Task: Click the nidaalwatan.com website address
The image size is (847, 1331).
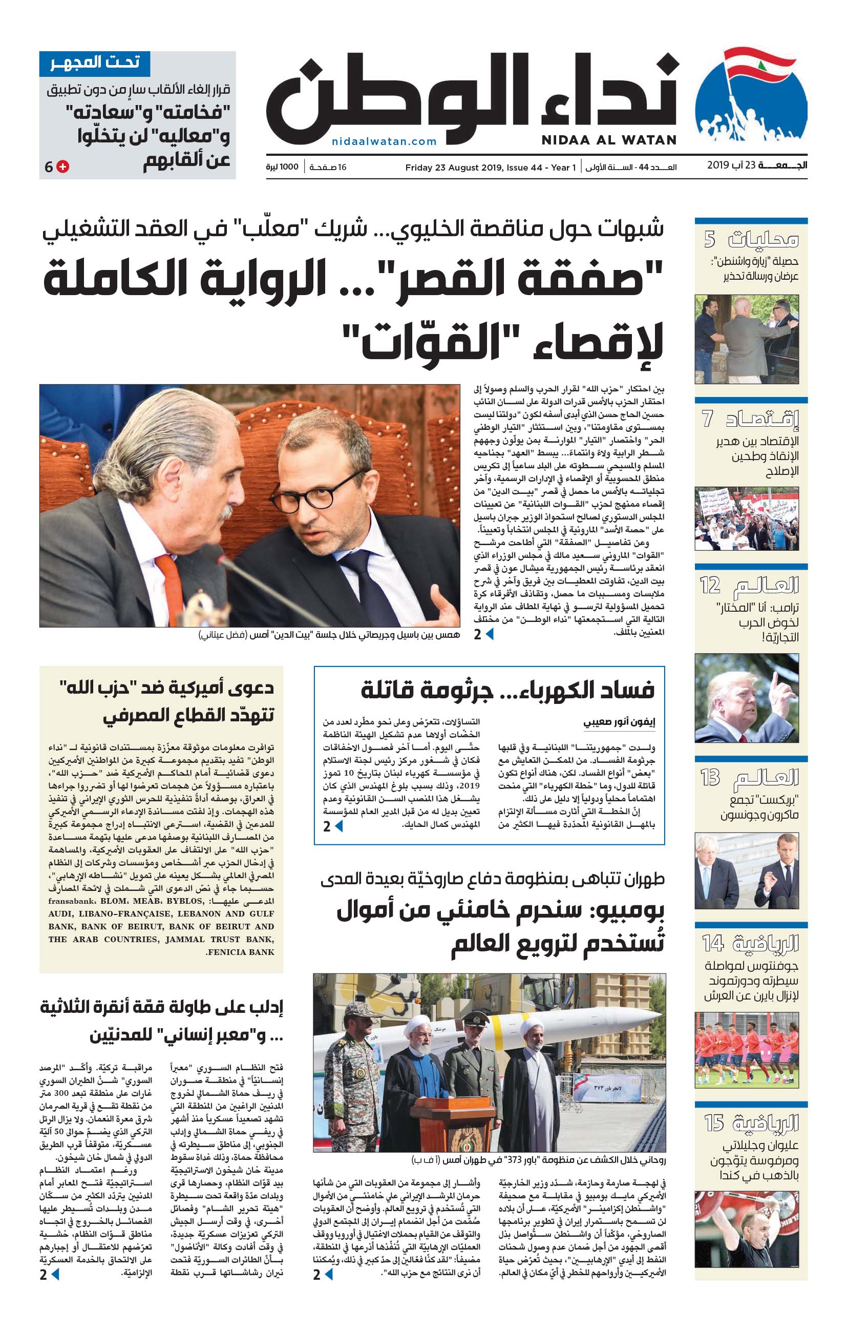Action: point(384,141)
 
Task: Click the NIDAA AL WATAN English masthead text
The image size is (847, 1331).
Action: point(609,140)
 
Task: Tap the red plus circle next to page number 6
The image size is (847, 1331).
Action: point(63,167)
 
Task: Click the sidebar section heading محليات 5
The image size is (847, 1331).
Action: point(751,240)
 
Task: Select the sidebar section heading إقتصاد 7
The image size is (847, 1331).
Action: point(751,419)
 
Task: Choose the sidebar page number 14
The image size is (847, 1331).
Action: point(713,943)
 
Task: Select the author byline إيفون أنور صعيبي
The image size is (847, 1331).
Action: point(619,722)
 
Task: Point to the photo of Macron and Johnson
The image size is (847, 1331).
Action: point(747,870)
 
